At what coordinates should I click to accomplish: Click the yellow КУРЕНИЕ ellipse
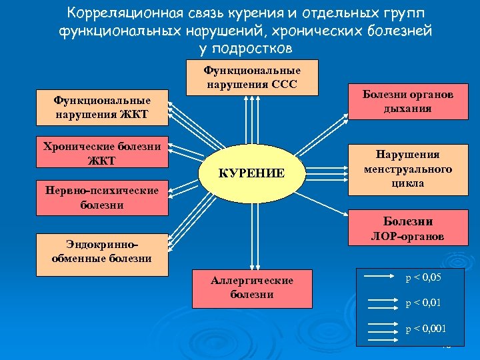251,173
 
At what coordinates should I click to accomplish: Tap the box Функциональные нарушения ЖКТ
101,107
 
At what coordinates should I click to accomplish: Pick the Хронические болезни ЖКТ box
101,153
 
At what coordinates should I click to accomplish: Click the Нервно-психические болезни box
101,198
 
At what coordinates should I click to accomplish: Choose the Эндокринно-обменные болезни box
101,251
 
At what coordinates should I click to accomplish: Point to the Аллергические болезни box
251,287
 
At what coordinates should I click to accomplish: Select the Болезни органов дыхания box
407,101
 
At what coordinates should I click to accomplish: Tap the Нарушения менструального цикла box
407,169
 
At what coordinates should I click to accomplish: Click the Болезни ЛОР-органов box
407,229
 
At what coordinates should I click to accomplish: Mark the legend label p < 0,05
424,276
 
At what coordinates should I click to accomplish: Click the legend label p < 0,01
424,303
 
